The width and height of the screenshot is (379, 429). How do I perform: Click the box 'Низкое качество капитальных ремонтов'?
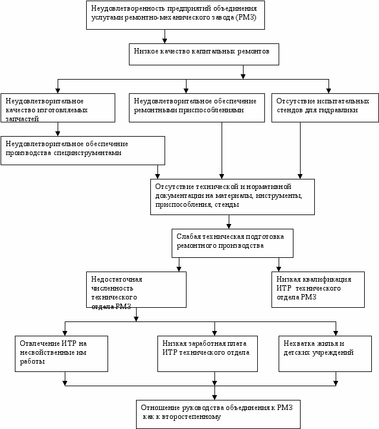[204, 54]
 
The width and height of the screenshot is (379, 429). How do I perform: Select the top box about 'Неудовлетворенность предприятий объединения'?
[176, 15]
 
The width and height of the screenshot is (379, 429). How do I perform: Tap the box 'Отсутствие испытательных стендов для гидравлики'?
[325, 108]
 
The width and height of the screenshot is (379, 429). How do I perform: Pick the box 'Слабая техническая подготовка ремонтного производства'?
[232, 243]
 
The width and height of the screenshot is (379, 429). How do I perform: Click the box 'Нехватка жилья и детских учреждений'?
[325, 354]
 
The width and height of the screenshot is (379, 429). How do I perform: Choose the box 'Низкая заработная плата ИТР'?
[207, 354]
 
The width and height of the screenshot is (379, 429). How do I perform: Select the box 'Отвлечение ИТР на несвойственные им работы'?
[62, 354]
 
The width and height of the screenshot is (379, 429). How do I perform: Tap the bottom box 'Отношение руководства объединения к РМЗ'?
[218, 415]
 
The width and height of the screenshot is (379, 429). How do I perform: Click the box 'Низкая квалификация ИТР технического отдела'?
[318, 289]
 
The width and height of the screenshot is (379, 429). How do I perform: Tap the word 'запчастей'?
[22, 119]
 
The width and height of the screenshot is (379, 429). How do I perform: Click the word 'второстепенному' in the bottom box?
[191, 417]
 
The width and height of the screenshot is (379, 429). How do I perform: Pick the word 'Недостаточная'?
[117, 279]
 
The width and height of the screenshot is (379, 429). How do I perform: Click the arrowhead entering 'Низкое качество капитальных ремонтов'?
[165, 41]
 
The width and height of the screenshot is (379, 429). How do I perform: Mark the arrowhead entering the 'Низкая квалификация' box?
[279, 269]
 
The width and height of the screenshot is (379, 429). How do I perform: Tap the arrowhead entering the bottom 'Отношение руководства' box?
[214, 398]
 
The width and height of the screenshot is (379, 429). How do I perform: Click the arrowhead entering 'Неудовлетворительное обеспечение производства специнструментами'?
[58, 134]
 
